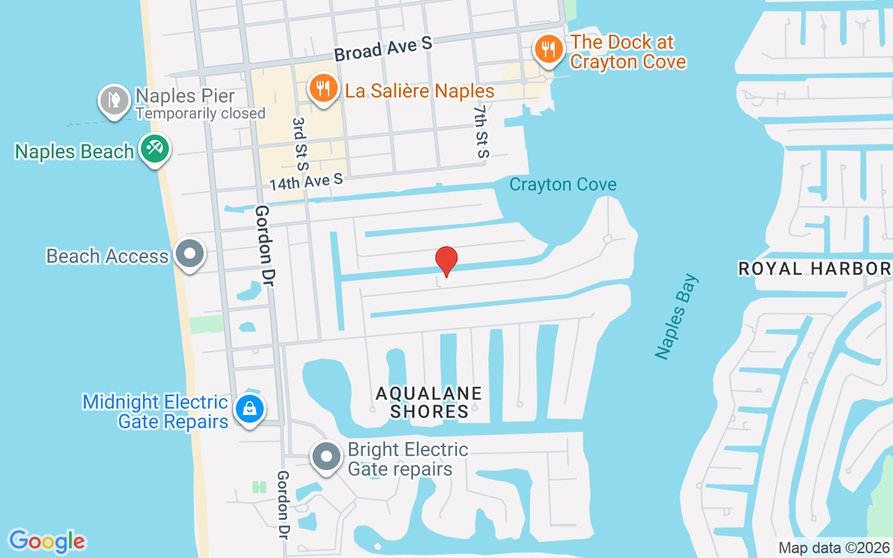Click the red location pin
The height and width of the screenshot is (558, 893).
coord(446,261)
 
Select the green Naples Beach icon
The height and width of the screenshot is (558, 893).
coord(154,149)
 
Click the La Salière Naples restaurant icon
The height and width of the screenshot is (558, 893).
coord(322,89)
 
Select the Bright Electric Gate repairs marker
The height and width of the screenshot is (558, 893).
coord(326,458)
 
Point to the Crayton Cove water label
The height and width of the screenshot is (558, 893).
coord(563,185)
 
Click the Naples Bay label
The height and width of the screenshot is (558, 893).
coord(676,317)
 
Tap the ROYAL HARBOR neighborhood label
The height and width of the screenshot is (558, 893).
coord(814,269)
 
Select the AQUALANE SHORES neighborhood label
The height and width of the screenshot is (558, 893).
coord(429,402)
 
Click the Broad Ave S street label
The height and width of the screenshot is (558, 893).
coord(383,50)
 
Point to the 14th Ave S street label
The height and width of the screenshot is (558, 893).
coord(307,181)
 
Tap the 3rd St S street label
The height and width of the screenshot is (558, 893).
coord(300,144)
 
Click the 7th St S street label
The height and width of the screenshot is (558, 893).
coord(481,131)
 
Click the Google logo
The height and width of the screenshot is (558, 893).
coord(47,541)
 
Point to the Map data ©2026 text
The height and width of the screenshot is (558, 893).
coord(834,548)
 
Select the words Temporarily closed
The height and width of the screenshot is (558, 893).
coord(200,113)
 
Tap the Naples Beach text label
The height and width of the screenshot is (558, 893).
coord(74,151)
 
